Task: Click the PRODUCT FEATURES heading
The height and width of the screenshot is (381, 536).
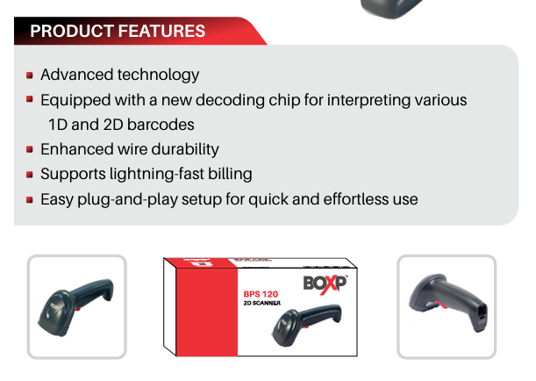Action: click(x=118, y=32)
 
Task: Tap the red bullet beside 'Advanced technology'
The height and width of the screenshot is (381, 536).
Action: click(x=30, y=75)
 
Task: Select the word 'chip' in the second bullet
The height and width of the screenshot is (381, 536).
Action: click(x=281, y=100)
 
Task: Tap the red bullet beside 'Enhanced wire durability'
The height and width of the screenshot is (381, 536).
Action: click(x=30, y=150)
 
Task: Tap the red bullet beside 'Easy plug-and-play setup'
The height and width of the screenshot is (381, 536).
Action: click(x=30, y=200)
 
